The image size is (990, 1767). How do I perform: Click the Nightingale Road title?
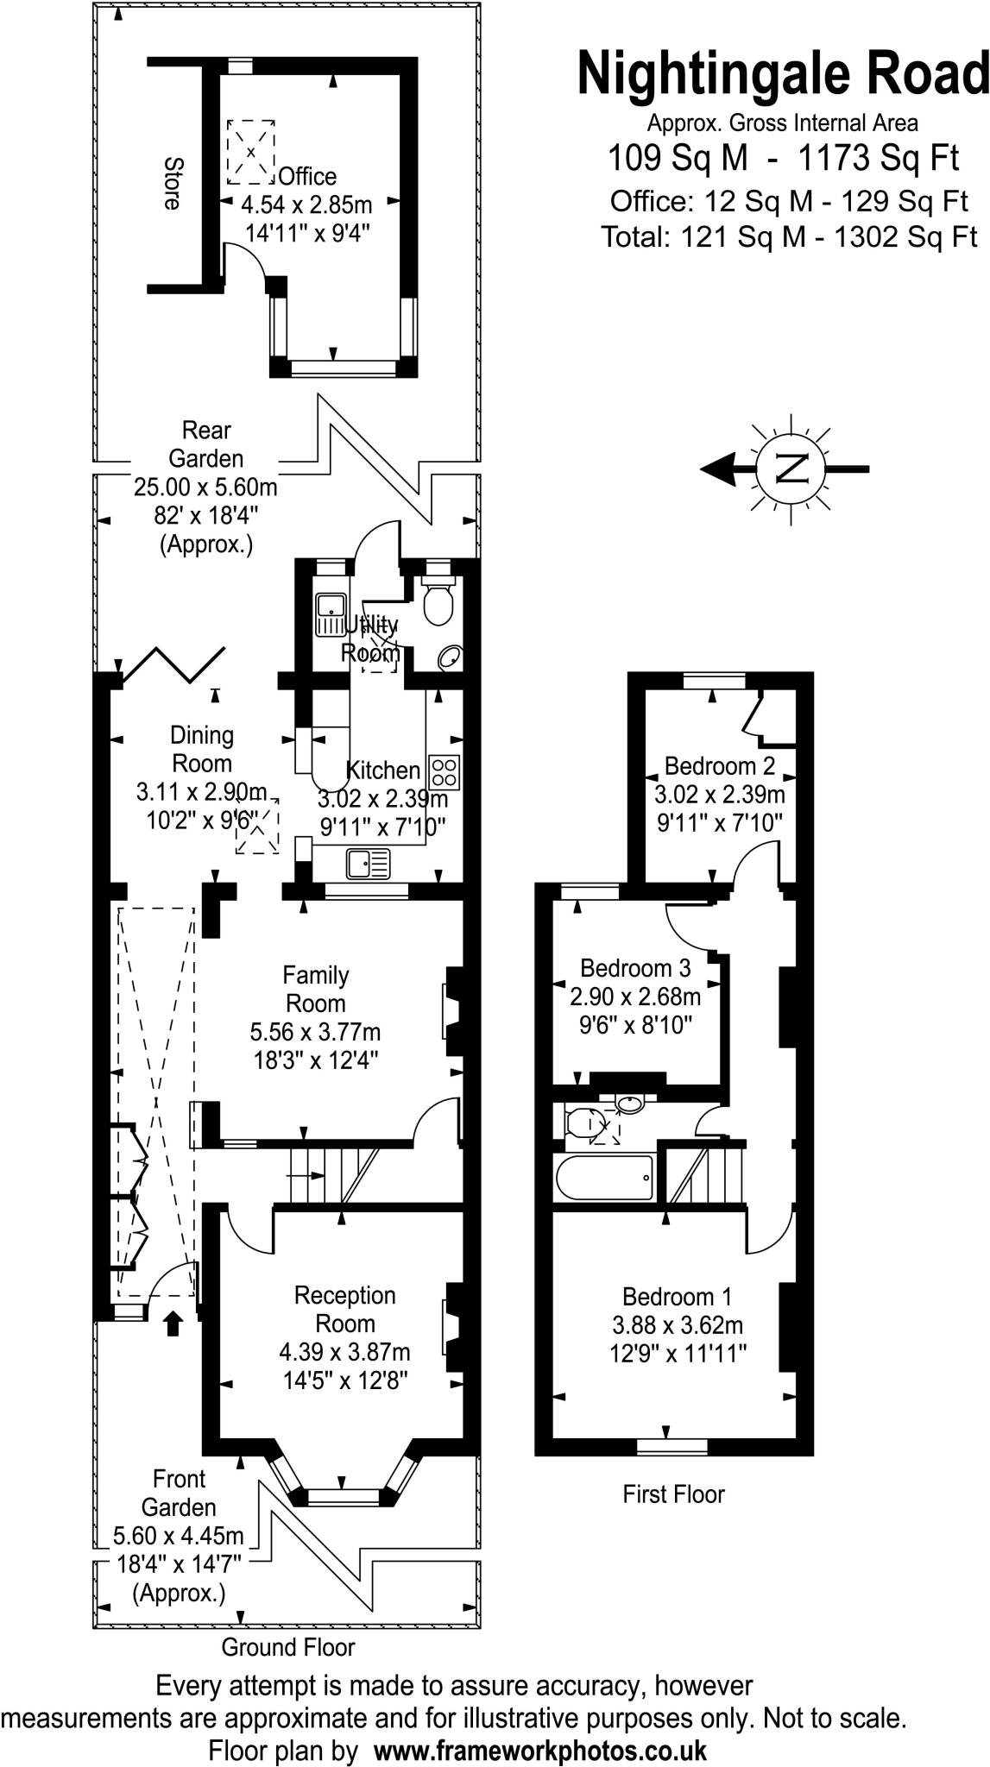(783, 74)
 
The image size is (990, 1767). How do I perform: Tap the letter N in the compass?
(791, 468)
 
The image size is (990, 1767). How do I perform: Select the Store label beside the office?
(173, 183)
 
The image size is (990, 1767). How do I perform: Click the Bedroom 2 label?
(719, 765)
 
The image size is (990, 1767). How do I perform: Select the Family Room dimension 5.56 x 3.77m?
(315, 1032)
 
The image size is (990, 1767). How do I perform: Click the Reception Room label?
(345, 1309)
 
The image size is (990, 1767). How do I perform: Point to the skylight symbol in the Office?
(251, 152)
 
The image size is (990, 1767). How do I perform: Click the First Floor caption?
(673, 1494)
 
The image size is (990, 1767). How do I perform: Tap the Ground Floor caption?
(288, 1647)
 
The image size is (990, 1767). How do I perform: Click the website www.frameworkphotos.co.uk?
(540, 1751)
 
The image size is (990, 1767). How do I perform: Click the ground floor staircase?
(332, 1175)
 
